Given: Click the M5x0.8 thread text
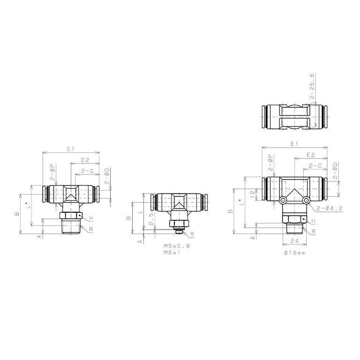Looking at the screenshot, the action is click(177, 246).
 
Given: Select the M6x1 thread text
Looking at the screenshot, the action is click(172, 253).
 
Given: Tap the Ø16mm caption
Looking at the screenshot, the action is click(295, 253).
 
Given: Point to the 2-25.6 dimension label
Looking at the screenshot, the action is click(312, 86).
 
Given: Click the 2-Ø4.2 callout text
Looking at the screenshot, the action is click(330, 208).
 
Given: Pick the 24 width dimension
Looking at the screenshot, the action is click(294, 240).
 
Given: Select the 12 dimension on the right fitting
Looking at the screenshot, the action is click(253, 195).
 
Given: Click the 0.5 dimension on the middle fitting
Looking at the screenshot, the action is click(151, 219).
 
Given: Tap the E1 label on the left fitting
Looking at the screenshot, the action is click(70, 149).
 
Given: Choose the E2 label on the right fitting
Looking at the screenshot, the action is click(310, 155).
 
